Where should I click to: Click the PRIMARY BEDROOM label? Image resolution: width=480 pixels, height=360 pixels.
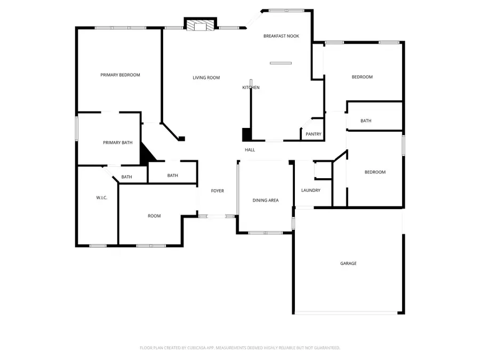click(x=120, y=75)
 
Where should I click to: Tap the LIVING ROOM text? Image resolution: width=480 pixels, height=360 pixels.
click(x=206, y=78)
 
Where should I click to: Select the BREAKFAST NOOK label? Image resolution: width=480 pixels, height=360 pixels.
click(x=281, y=36)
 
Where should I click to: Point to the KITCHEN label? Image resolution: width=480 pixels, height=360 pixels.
click(x=251, y=87)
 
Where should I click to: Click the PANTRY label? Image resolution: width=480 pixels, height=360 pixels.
click(x=314, y=134)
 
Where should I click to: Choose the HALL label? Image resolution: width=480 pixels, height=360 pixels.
click(x=250, y=150)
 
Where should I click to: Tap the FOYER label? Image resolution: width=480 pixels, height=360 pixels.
click(x=217, y=191)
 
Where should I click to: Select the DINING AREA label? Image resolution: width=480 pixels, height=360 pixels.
click(x=266, y=201)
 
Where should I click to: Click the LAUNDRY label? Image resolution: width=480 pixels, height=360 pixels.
click(x=310, y=190)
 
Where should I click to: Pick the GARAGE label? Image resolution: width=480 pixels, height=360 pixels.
click(x=348, y=263)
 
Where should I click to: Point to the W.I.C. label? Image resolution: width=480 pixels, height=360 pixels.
click(x=101, y=198)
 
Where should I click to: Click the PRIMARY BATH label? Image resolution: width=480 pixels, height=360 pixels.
click(x=117, y=142)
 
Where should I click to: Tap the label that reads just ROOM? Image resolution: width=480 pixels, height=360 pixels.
click(x=154, y=216)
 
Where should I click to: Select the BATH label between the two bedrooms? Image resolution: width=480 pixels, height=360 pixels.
click(x=365, y=121)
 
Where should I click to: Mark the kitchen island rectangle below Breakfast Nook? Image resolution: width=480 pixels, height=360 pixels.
click(x=281, y=63)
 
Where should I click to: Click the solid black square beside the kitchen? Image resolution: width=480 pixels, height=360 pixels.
click(x=246, y=134)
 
